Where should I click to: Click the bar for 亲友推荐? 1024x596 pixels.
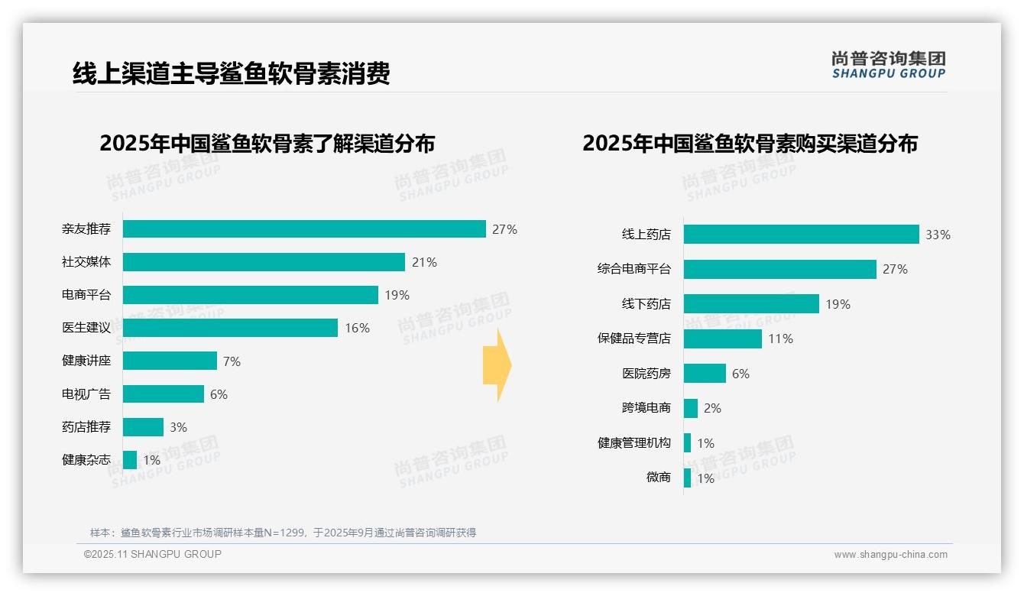pyautogui.click(x=304, y=229)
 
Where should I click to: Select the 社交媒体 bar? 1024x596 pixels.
pyautogui.click(x=264, y=262)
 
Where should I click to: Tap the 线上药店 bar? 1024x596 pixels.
pyautogui.click(x=801, y=235)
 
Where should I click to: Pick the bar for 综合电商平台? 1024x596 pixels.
pyautogui.click(x=779, y=269)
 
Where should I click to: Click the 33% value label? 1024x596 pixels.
pyautogui.click(x=938, y=235)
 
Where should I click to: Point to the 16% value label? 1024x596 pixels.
pyautogui.click(x=357, y=329)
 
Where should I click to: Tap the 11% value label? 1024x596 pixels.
pyautogui.click(x=780, y=339)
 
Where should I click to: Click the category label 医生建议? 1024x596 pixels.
pyautogui.click(x=86, y=328)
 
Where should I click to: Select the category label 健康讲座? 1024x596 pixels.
pyautogui.click(x=86, y=361)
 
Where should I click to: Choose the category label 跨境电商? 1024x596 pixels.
pyautogui.click(x=646, y=408)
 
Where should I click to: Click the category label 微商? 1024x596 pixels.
pyautogui.click(x=658, y=478)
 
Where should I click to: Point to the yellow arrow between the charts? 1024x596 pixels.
pyautogui.click(x=497, y=366)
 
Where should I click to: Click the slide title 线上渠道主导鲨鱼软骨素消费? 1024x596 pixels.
pyautogui.click(x=231, y=73)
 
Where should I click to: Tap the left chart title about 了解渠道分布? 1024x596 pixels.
pyautogui.click(x=267, y=144)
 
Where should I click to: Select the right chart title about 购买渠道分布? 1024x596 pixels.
pyautogui.click(x=750, y=144)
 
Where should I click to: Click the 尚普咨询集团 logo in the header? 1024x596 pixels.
pyautogui.click(x=888, y=65)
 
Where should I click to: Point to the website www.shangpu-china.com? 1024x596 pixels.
pyautogui.click(x=890, y=555)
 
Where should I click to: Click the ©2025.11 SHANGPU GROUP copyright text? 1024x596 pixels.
pyautogui.click(x=152, y=554)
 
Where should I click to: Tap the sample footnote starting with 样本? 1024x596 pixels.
pyautogui.click(x=283, y=533)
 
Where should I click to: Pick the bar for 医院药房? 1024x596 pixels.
pyautogui.click(x=705, y=374)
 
